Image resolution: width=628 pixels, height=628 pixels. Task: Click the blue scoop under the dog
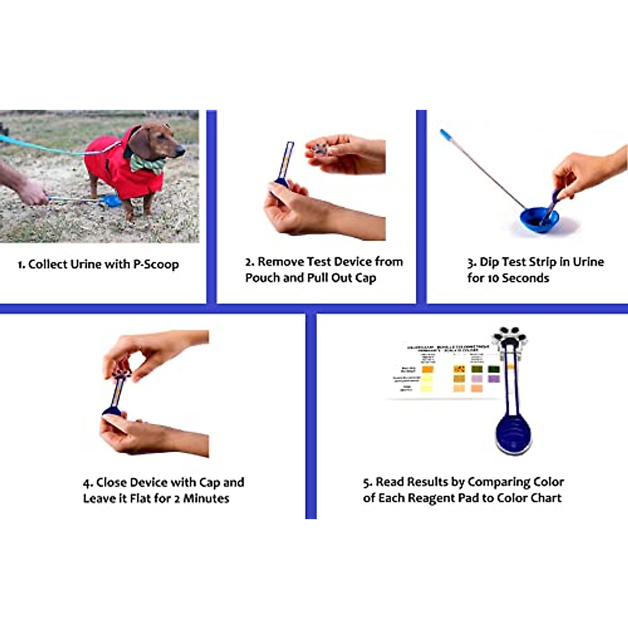click(x=112, y=200)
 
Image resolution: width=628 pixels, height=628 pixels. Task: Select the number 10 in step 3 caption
click(x=493, y=278)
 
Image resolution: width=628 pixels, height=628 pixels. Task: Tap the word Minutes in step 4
click(x=206, y=498)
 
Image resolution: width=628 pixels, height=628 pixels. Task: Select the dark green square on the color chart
click(x=493, y=369)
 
